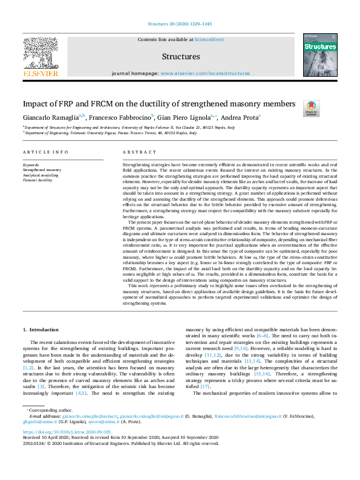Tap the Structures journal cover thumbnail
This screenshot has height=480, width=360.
pyautogui.click(x=319, y=55)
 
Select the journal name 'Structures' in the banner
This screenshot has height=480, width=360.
pyautogui.click(x=181, y=57)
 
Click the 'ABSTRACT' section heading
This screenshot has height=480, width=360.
pyautogui.click(x=135, y=152)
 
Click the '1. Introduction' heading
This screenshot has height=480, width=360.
pyautogui.click(x=41, y=329)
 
